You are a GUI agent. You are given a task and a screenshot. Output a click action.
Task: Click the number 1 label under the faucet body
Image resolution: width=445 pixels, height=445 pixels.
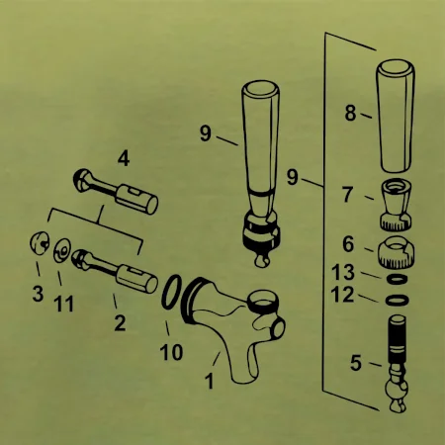click(209, 381)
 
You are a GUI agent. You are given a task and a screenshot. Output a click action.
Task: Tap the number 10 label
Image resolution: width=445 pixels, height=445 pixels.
click(171, 352)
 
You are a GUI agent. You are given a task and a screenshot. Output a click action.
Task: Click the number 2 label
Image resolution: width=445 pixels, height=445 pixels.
click(120, 322)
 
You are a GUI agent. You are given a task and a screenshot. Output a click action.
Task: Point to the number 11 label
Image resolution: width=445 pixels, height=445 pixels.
click(63, 304)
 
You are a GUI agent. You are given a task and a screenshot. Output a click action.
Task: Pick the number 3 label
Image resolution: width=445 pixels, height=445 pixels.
click(38, 294)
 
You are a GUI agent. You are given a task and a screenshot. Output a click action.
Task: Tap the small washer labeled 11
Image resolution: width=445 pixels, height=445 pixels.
click(61, 251)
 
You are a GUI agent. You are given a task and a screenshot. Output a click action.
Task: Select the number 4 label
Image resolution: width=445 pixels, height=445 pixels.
click(124, 158)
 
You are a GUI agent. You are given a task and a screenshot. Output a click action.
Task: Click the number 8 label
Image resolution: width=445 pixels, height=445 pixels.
click(351, 113)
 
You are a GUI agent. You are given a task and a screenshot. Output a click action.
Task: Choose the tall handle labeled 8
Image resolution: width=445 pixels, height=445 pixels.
click(396, 116)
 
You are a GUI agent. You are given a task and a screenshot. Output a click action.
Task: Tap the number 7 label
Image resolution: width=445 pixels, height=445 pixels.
click(348, 194)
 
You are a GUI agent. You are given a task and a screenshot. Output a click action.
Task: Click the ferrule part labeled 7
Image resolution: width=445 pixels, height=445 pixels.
click(397, 205)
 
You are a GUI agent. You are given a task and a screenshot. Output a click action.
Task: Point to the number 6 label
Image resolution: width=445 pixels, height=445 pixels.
click(348, 244)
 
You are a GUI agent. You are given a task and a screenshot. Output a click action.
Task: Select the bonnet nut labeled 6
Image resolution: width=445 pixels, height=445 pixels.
click(396, 251)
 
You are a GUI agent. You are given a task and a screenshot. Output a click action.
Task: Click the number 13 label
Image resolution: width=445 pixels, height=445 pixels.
click(343, 272)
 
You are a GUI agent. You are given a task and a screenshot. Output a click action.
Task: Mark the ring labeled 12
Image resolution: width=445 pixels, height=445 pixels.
click(398, 300)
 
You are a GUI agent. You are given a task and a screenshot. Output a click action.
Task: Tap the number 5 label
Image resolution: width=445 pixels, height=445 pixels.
click(356, 363)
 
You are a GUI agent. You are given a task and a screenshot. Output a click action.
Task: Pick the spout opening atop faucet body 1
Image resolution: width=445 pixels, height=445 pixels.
click(263, 299)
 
